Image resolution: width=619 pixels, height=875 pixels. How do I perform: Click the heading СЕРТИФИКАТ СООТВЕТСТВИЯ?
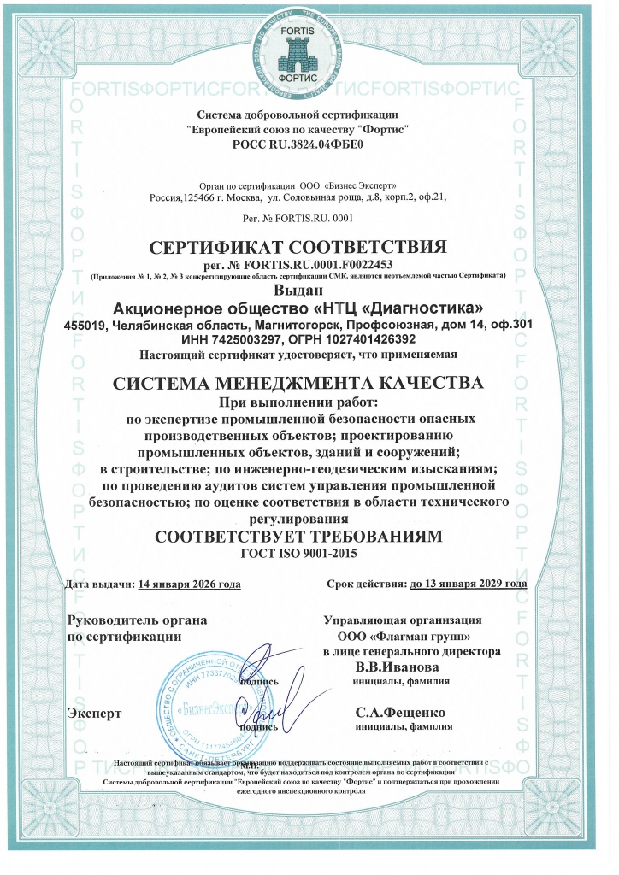298,248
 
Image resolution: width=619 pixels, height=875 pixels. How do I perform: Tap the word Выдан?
298,291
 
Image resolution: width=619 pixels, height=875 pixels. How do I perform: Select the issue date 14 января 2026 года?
189,584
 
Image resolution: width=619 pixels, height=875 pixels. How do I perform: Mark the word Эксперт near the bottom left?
94,712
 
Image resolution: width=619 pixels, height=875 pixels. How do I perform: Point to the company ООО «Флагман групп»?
404,637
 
